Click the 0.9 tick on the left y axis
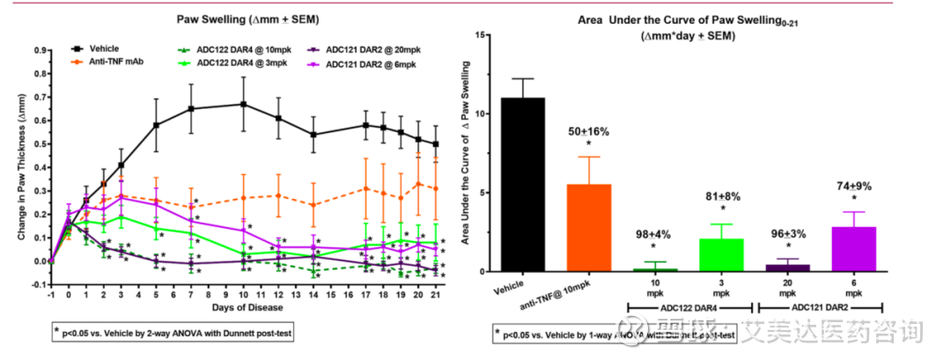[38, 50]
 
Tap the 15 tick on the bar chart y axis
[481, 34]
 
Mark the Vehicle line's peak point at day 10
[242, 104]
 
